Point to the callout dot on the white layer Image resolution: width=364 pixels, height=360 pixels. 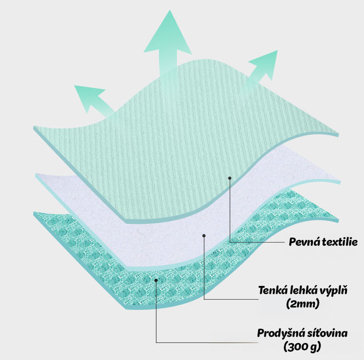pos(204,235)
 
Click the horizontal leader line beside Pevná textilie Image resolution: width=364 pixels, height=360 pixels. pos(258,242)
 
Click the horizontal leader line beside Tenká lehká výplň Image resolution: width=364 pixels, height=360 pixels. pos(230,299)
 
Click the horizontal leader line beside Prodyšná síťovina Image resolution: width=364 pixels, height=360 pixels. pos(207,342)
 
